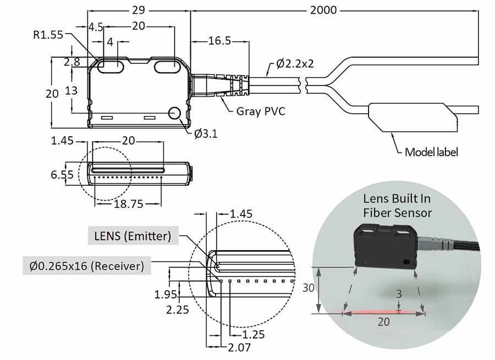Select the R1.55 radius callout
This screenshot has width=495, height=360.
click(x=48, y=35)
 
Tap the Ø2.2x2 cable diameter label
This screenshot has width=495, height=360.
click(x=295, y=63)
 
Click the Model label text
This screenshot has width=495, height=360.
click(x=431, y=152)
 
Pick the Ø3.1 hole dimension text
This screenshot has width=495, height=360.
click(x=206, y=133)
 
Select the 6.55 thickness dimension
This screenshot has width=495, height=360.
click(x=62, y=175)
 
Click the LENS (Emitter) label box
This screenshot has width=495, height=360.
click(x=133, y=237)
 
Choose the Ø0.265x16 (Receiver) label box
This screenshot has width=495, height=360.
click(x=86, y=266)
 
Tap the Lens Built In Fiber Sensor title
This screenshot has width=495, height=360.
click(x=397, y=205)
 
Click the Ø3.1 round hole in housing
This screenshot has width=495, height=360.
click(x=175, y=113)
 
